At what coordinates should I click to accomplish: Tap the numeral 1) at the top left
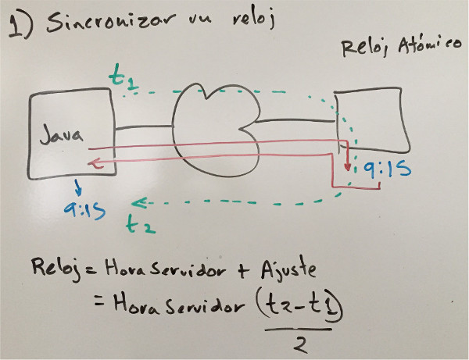(21, 27)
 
